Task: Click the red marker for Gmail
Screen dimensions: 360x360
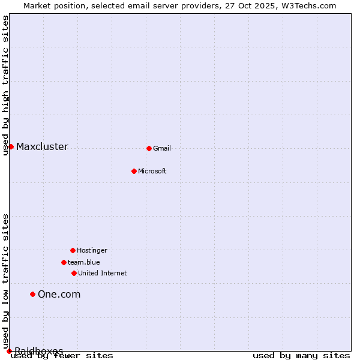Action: (x=149, y=148)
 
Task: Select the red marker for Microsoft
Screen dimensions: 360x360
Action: (x=134, y=171)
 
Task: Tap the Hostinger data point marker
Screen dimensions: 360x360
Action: (x=73, y=250)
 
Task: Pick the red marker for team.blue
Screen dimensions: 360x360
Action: (x=64, y=262)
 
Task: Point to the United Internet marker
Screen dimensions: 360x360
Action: (x=74, y=273)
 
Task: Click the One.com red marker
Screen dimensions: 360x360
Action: (x=32, y=294)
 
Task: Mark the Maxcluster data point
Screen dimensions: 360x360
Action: (x=11, y=146)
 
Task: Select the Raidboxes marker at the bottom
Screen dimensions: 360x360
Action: (x=9, y=351)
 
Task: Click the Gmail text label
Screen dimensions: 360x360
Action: (x=162, y=149)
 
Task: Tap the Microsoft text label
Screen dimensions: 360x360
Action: (x=152, y=172)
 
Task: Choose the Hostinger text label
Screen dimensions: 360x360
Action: (x=92, y=251)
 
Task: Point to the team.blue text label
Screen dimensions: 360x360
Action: (x=84, y=263)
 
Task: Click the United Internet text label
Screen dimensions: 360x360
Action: (x=103, y=274)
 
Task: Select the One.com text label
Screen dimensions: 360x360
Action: (x=59, y=294)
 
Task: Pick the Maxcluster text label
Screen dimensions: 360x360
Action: (x=42, y=147)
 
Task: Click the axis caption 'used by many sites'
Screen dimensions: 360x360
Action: (x=301, y=356)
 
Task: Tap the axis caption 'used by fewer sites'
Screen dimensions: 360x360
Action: (x=62, y=356)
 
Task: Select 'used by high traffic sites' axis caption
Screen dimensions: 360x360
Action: (x=6, y=85)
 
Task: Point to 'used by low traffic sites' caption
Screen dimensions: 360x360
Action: (x=6, y=281)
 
